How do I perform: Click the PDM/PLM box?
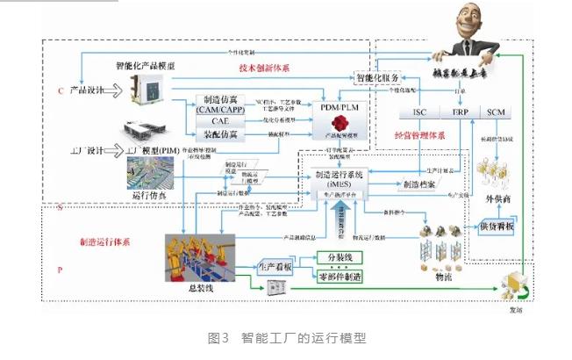pyautogui.click(x=334, y=107)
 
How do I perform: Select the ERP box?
pyautogui.click(x=461, y=113)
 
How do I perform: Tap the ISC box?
pyautogui.click(x=418, y=113)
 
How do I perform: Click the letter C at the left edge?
pyautogui.click(x=61, y=90)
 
